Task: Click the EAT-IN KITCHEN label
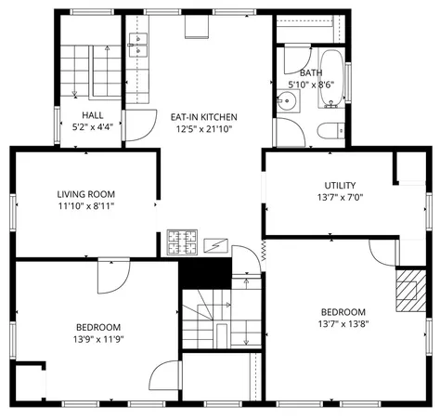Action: (203, 117)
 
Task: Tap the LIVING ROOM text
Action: (86, 194)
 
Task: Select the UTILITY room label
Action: (339, 185)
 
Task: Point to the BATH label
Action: (311, 72)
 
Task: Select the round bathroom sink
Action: (288, 103)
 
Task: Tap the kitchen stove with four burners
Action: (181, 243)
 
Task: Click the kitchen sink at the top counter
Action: (136, 42)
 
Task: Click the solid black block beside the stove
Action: (204, 272)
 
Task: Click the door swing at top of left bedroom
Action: (115, 272)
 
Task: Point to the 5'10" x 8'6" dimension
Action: (311, 85)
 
